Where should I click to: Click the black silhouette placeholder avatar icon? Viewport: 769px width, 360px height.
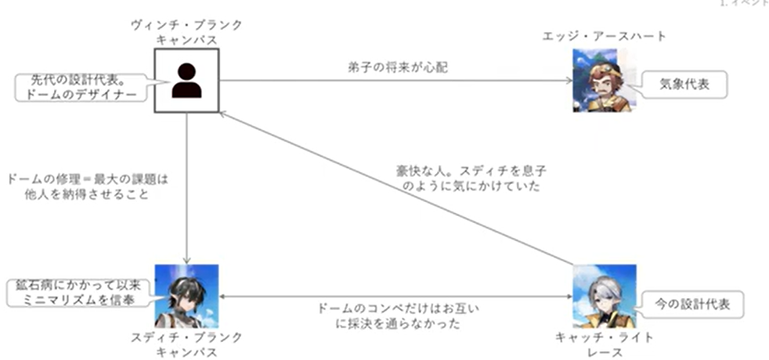pos(186,80)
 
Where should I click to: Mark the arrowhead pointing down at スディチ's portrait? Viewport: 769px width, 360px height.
pos(186,261)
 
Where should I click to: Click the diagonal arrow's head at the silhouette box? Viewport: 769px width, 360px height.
pos(223,113)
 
